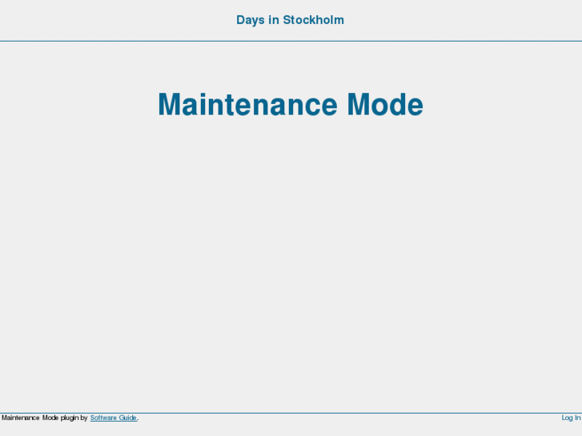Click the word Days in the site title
[x=250, y=20]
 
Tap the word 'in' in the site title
[x=273, y=20]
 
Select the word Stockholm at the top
[x=313, y=20]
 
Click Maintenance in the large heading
[x=247, y=105]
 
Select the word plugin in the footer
[x=70, y=418]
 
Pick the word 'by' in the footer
[x=84, y=418]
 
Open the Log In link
[x=571, y=418]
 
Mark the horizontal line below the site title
[x=291, y=41]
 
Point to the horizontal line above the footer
[x=291, y=413]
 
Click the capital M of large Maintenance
[x=170, y=105]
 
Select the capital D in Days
[x=241, y=20]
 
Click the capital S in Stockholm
[x=287, y=20]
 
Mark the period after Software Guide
[x=138, y=418]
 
